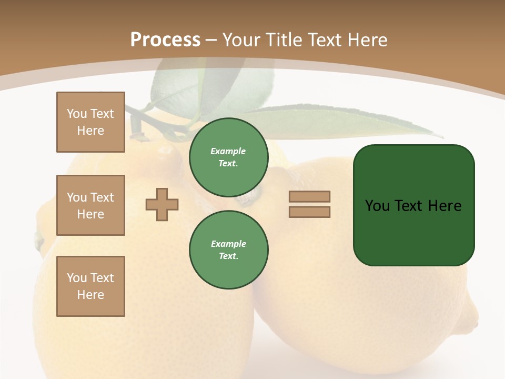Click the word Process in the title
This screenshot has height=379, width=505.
coord(165,40)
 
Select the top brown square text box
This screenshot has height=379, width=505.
coord(90,122)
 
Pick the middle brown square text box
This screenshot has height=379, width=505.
coord(90,205)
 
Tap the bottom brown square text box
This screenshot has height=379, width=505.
coord(90,286)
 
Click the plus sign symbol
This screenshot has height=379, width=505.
coord(162,204)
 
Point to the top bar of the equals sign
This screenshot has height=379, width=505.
coord(309,196)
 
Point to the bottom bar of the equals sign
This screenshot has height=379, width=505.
coord(309,212)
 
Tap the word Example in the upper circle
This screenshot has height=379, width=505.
coord(228,151)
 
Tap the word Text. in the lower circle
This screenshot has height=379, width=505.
coord(228,256)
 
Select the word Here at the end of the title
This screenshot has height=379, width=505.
coord(367,40)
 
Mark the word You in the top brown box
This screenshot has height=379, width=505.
coord(77,114)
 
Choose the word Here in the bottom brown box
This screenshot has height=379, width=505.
coord(90,295)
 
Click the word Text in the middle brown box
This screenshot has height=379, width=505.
coord(102,197)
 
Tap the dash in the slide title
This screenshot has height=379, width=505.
coord(211,40)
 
